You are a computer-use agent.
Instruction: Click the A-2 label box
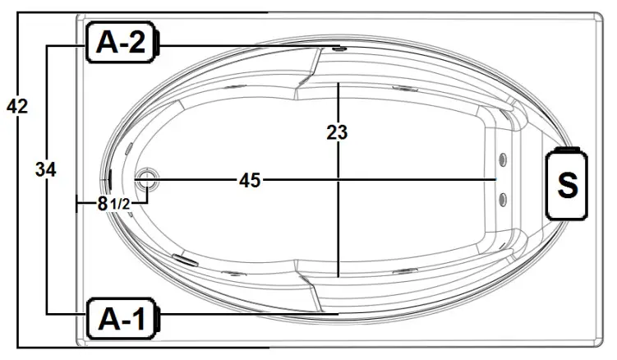click(122, 42)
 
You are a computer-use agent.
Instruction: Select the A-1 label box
click(122, 319)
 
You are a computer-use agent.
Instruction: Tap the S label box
click(567, 184)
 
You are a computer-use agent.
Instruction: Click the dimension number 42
click(17, 106)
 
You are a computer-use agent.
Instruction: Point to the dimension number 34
click(46, 170)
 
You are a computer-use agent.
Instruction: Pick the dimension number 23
click(337, 132)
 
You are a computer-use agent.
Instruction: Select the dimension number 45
click(250, 180)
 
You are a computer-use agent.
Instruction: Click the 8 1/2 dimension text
click(113, 204)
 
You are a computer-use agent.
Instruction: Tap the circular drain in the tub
click(147, 177)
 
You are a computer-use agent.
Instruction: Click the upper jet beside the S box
click(503, 160)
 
